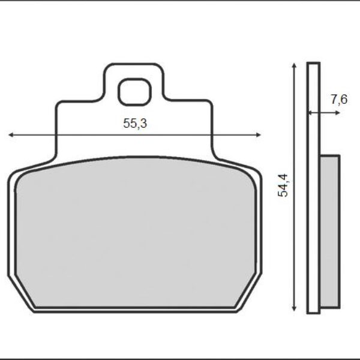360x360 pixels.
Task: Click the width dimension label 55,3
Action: (135, 124)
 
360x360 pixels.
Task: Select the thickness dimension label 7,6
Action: (339, 100)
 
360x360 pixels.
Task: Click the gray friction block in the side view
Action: (329, 230)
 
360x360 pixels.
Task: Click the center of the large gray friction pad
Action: (135, 234)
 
